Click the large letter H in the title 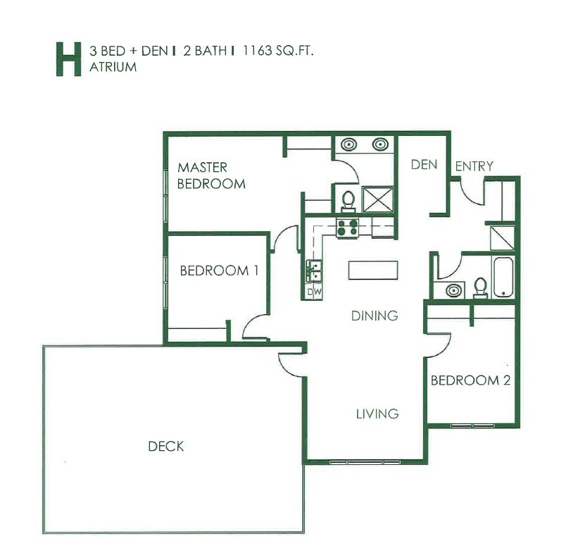click(68, 59)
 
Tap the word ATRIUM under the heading click(113, 68)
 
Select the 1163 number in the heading click(258, 51)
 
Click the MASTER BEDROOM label click(211, 175)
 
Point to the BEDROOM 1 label click(219, 271)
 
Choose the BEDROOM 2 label click(471, 380)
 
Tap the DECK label click(166, 446)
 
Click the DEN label click(424, 165)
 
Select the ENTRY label click(474, 166)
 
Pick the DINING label click(374, 316)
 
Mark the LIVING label click(377, 414)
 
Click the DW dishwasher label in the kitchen click(314, 292)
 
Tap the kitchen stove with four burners click(348, 228)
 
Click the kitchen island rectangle click(373, 271)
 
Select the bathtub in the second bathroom click(503, 277)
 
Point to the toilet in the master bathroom click(348, 201)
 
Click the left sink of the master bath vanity click(349, 144)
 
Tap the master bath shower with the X click(378, 199)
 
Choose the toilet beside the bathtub click(480, 287)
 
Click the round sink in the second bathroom click(453, 291)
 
